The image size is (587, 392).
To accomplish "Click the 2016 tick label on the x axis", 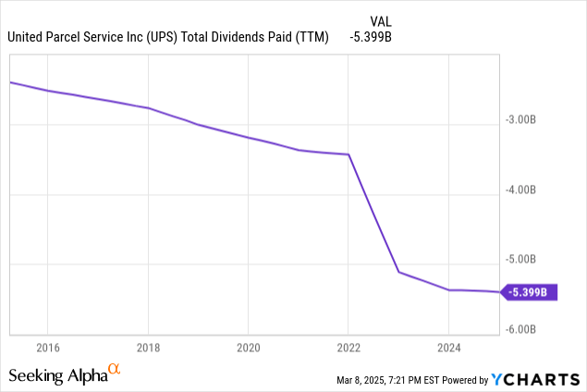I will [x=48, y=348].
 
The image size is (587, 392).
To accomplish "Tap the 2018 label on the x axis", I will [x=148, y=348].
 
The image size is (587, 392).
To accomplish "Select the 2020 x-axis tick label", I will [x=248, y=348].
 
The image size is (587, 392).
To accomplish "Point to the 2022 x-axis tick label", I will [x=348, y=348].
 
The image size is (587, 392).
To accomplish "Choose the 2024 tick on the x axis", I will [x=448, y=348].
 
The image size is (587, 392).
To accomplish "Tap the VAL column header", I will [x=380, y=21].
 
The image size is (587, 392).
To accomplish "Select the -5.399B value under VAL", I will [x=373, y=38].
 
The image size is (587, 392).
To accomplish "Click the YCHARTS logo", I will [x=536, y=379].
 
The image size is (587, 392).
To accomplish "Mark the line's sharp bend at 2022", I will [x=349, y=154].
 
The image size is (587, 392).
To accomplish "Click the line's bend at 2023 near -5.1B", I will [x=398, y=272].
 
